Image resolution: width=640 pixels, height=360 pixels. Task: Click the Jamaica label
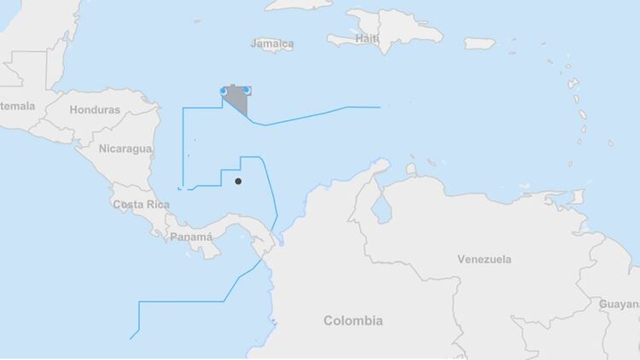click(273, 44)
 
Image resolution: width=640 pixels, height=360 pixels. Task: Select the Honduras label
click(95, 110)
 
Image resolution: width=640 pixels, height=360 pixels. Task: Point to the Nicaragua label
click(125, 148)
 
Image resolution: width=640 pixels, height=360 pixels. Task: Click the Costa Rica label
click(137, 205)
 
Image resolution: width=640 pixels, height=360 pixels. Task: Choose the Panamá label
click(191, 236)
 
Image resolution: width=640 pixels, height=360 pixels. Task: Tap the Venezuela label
click(484, 258)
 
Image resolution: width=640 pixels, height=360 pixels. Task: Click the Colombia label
click(352, 321)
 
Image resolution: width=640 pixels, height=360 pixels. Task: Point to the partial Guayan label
click(619, 304)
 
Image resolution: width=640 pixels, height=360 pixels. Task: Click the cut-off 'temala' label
click(17, 106)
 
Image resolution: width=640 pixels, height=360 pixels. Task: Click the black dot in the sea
click(238, 181)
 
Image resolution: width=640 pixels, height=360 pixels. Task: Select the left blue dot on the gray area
click(224, 90)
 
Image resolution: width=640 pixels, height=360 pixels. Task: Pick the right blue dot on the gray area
click(247, 90)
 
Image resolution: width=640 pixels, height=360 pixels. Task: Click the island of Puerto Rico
click(480, 43)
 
